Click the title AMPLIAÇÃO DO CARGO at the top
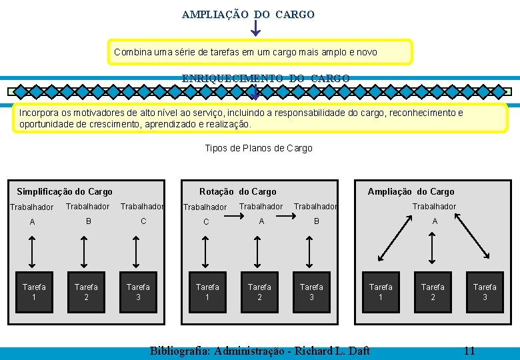coord(248,14)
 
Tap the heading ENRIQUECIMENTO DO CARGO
coord(265,78)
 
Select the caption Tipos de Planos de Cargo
coord(258,148)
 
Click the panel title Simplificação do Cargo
coord(65,191)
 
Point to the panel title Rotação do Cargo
coord(237,191)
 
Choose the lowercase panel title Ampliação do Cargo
coord(411,191)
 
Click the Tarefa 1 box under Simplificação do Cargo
coord(34,291)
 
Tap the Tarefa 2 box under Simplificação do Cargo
coord(86,291)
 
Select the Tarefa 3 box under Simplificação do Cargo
coord(138,291)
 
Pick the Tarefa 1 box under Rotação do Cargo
coord(207,291)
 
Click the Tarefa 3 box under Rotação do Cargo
coord(311,291)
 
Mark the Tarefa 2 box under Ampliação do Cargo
coord(433,291)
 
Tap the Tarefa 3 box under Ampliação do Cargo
coord(485,291)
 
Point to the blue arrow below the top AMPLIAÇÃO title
coord(256,28)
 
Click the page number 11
coord(469,351)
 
